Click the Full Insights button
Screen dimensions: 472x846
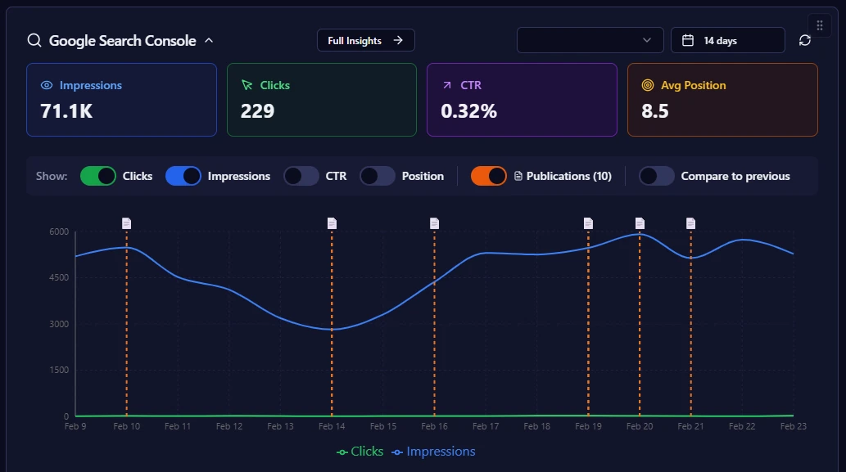pyautogui.click(x=365, y=40)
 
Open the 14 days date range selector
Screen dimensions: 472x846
pyautogui.click(x=727, y=40)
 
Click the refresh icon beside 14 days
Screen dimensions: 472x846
pyautogui.click(x=805, y=40)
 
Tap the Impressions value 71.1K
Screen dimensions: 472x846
pyautogui.click(x=66, y=111)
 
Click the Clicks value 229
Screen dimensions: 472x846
pyautogui.click(x=257, y=111)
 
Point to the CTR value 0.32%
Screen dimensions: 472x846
pyautogui.click(x=468, y=111)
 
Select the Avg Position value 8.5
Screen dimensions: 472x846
pyautogui.click(x=655, y=111)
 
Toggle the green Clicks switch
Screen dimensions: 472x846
pyautogui.click(x=98, y=176)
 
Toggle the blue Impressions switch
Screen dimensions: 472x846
pyautogui.click(x=183, y=176)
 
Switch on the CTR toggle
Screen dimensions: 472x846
pyautogui.click(x=301, y=176)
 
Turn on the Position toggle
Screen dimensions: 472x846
pyautogui.click(x=378, y=176)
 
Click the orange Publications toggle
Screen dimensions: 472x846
pyautogui.click(x=489, y=176)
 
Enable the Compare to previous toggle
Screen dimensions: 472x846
pyautogui.click(x=657, y=176)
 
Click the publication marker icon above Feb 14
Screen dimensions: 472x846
pyautogui.click(x=332, y=223)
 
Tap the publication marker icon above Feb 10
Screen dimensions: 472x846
pyautogui.click(x=127, y=223)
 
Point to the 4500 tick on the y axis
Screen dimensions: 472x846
pyautogui.click(x=58, y=278)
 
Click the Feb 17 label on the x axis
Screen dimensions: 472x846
pyautogui.click(x=486, y=426)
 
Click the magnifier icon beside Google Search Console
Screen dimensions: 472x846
pyautogui.click(x=34, y=40)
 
